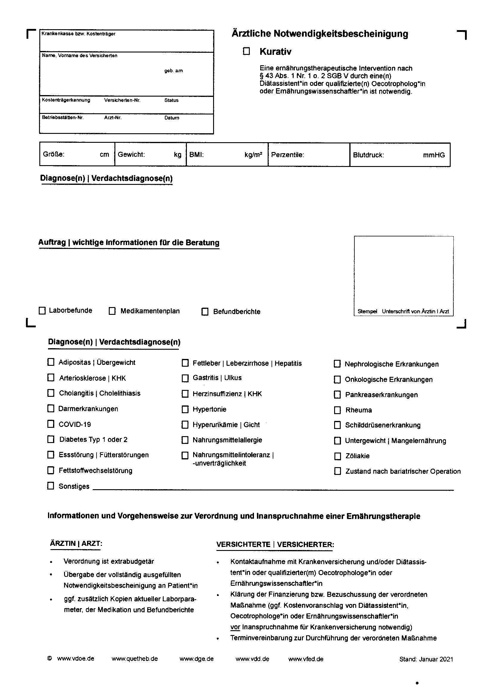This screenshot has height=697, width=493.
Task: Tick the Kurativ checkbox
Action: (x=246, y=51)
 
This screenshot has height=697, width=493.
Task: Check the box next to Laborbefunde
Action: (x=42, y=311)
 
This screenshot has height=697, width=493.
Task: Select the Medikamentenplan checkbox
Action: (x=112, y=311)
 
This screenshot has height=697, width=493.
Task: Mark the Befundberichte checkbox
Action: (x=205, y=312)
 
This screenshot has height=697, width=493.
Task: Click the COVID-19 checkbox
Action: (x=51, y=424)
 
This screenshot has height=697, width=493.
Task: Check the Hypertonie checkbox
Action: (x=185, y=409)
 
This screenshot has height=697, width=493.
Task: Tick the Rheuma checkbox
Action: (x=337, y=410)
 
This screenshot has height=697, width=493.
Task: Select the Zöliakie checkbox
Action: (x=337, y=456)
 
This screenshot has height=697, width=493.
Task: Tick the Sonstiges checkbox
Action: (x=51, y=486)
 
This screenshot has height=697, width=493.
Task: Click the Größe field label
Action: (x=53, y=154)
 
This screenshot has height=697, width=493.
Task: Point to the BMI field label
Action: (x=196, y=155)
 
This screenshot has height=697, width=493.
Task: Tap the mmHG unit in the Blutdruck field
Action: (x=434, y=155)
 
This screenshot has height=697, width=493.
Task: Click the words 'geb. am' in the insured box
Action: (x=173, y=71)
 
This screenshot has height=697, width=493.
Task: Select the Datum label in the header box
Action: (x=171, y=118)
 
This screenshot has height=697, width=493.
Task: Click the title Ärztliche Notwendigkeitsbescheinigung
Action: (x=320, y=34)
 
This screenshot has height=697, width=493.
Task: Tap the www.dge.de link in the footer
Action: (x=196, y=659)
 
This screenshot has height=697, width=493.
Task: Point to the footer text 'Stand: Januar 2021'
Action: (x=426, y=659)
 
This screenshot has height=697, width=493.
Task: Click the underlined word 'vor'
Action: (x=235, y=627)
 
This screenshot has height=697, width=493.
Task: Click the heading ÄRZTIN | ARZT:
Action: (x=76, y=543)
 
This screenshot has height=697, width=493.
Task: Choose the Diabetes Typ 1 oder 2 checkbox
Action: (x=51, y=439)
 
